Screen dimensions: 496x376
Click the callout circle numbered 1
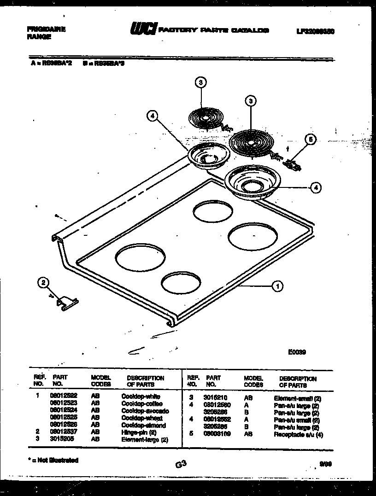click(x=277, y=287)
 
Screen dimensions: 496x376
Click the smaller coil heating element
click(x=206, y=118)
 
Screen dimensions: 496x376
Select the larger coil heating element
click(x=251, y=142)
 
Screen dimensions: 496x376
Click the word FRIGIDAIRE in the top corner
click(x=46, y=29)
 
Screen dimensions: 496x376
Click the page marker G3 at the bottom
click(x=180, y=465)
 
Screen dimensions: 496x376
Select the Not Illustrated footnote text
click(x=53, y=460)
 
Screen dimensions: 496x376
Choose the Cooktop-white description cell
click(x=141, y=396)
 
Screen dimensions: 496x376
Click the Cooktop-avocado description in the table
click(x=145, y=411)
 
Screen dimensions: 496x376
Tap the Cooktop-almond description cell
click(x=143, y=426)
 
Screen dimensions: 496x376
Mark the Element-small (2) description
click(x=297, y=398)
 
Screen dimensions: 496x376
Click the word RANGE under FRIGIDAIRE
click(x=39, y=37)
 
